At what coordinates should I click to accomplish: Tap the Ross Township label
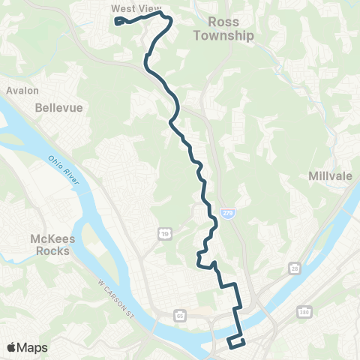[224, 28]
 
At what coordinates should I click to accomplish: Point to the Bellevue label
[58, 108]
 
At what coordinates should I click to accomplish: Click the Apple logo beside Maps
[12, 347]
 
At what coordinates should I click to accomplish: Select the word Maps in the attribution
[31, 347]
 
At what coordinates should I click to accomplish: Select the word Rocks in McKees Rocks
[53, 251]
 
